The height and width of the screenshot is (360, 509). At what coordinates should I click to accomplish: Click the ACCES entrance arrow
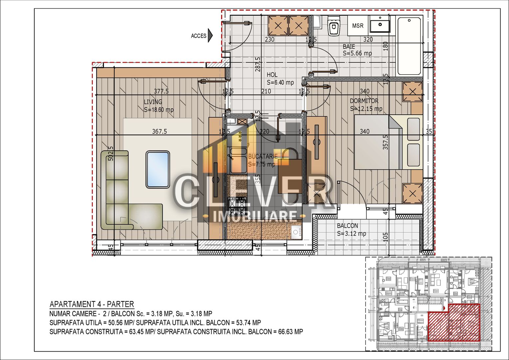(210, 36)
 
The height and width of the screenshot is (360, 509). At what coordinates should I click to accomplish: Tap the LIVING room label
(153, 102)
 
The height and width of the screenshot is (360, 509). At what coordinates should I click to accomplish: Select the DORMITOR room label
(364, 101)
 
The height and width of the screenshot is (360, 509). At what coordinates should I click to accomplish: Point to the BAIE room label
(349, 47)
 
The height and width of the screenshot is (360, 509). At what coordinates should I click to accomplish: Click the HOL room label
(272, 75)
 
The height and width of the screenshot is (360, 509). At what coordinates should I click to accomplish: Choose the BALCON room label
(347, 226)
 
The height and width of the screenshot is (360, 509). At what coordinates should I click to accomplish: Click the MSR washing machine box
(358, 26)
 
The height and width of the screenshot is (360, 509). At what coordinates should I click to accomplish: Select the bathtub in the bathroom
(409, 46)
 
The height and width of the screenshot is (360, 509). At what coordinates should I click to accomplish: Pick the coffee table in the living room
(158, 169)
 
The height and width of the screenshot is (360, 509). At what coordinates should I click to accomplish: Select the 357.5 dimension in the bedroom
(385, 142)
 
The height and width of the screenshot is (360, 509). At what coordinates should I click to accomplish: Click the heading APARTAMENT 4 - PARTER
(92, 304)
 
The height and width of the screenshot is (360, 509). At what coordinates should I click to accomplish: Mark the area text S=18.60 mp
(159, 110)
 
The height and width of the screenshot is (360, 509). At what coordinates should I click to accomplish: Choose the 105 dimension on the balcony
(385, 237)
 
